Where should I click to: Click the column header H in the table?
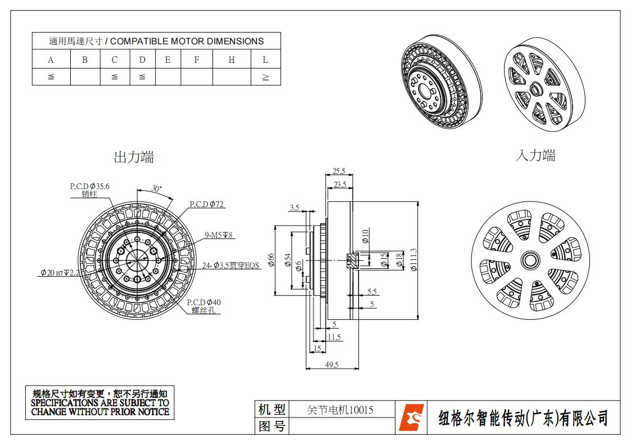click(x=231, y=59)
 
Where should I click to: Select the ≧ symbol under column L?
click(x=265, y=77)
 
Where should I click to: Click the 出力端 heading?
click(x=134, y=157)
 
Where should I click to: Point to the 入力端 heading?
click(x=535, y=155)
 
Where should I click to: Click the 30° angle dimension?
click(x=156, y=189)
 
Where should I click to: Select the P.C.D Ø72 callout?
click(x=207, y=204)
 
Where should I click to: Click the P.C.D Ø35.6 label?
click(x=89, y=186)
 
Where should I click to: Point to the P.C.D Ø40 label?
click(x=204, y=302)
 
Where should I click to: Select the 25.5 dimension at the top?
click(x=339, y=171)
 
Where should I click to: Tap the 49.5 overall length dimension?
click(x=332, y=365)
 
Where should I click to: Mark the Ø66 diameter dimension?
click(x=271, y=260)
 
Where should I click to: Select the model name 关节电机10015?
click(x=341, y=410)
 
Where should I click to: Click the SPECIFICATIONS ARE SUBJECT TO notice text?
click(x=100, y=403)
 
